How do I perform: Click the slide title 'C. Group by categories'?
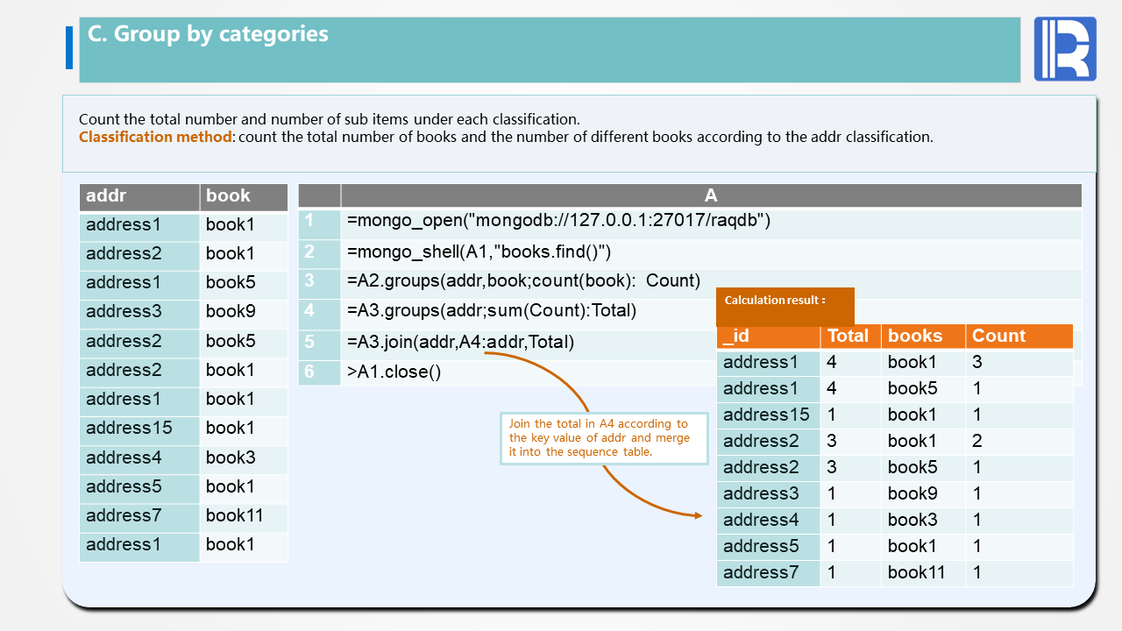pos(208,34)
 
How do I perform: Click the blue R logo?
pos(1065,49)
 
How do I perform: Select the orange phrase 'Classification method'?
pos(155,137)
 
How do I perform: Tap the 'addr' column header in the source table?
pos(139,196)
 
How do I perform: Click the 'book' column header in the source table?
pos(244,196)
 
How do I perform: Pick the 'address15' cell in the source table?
pos(139,428)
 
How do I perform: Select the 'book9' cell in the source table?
pos(244,311)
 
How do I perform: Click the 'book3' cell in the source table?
pos(244,457)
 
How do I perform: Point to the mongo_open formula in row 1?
pos(558,221)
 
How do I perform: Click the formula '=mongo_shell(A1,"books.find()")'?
pos(479,252)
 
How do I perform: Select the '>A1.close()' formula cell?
pos(394,372)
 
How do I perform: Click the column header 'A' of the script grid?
pos(711,196)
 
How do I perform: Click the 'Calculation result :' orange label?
pos(775,301)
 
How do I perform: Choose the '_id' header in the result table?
pos(769,337)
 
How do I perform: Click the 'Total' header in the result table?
pos(849,337)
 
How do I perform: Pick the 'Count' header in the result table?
pos(1019,337)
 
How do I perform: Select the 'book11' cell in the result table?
pos(923,573)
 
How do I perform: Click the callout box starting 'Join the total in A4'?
pos(604,438)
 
